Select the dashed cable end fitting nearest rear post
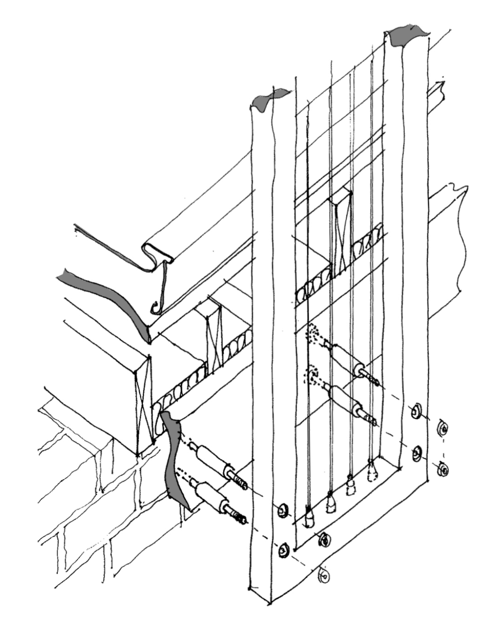[x=373, y=470]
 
